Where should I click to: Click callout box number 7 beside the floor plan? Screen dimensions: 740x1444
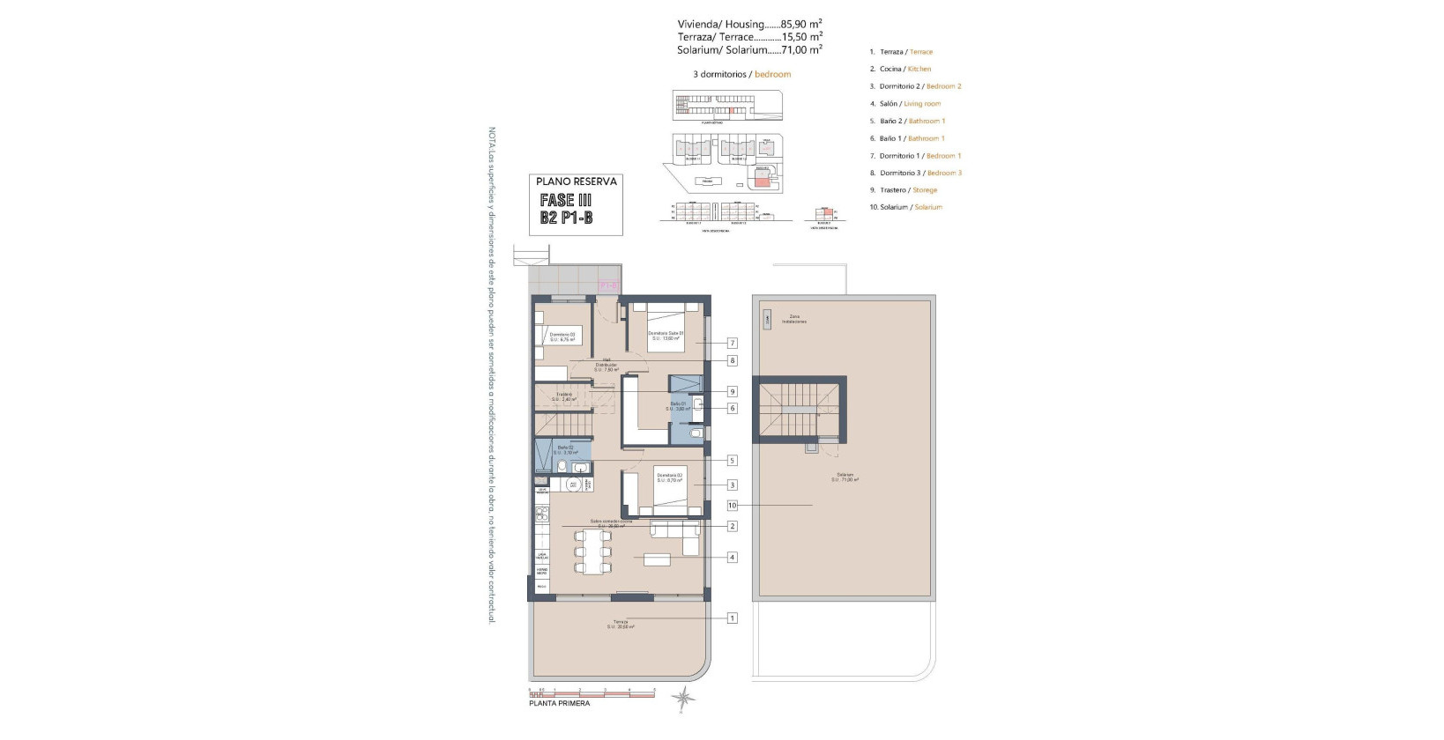coord(732,343)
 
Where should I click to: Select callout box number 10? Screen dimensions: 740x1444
coord(732,506)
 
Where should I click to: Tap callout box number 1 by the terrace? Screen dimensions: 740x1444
coord(732,618)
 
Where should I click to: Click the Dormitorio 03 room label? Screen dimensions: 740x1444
coord(562,336)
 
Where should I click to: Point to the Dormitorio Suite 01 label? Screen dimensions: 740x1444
coord(666,335)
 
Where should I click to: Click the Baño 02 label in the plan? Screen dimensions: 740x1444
coord(565,449)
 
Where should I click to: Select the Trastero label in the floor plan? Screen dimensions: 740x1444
coord(564,396)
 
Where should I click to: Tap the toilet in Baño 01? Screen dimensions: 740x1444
coord(695,433)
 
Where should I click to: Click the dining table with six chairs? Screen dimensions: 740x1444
coord(592,551)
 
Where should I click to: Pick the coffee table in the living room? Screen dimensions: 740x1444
coord(657,559)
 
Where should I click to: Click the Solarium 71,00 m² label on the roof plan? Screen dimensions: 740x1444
coord(845,477)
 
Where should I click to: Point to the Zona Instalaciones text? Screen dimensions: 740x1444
coord(793,319)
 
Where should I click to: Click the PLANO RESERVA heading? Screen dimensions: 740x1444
coord(577,181)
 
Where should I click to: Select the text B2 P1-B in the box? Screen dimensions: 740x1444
coord(566,218)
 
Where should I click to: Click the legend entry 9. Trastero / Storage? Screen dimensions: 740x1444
coord(904,190)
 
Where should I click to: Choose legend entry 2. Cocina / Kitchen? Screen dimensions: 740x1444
coord(900,69)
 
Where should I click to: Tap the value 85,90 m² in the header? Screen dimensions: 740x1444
coord(801,25)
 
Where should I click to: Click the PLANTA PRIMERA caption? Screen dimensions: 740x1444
coord(559,703)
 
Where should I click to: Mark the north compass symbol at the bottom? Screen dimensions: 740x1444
coord(683,699)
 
